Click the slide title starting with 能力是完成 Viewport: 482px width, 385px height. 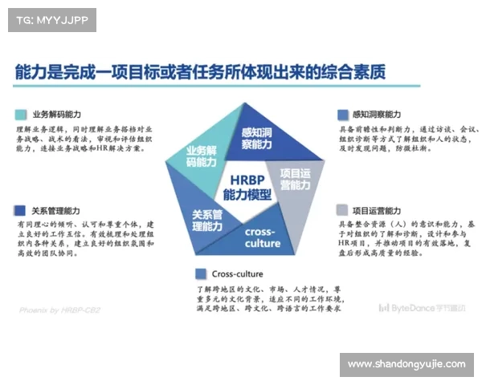200,72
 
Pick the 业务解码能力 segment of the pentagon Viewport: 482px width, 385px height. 200,156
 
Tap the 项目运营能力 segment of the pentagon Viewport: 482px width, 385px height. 295,180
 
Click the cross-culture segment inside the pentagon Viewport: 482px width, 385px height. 261,237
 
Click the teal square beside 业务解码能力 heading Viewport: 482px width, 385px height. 19,115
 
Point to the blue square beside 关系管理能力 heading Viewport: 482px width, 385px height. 19,210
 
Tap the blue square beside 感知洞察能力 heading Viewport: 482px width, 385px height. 343,115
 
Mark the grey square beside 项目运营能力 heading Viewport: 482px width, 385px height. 343,209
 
